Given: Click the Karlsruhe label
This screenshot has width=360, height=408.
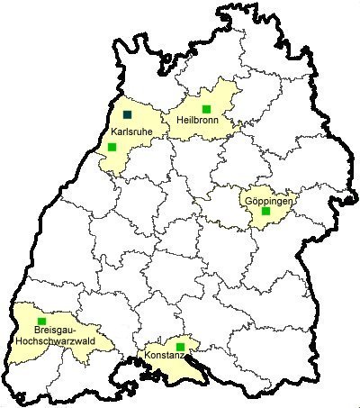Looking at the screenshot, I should (x=130, y=131).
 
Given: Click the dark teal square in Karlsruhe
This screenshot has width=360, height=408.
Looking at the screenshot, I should (x=128, y=115).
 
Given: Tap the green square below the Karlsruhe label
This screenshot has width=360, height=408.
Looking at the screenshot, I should (x=112, y=147).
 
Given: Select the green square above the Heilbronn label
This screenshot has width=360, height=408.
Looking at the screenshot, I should (x=206, y=109).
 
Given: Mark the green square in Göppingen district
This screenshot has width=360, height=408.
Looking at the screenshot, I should (x=265, y=212).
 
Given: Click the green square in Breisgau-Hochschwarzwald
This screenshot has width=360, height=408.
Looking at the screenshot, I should (x=41, y=320).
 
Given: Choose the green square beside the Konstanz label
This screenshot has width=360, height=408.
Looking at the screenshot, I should (x=180, y=347).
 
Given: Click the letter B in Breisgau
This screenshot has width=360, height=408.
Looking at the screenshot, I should (x=24, y=331).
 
